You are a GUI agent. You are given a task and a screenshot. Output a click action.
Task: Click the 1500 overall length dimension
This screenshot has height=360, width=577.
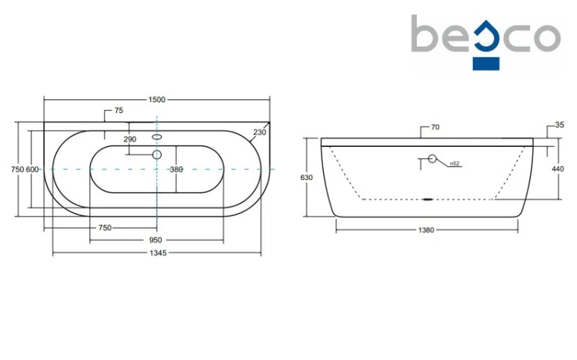click(x=157, y=100)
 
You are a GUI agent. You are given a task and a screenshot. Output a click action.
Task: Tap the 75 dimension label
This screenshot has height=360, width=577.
click(x=118, y=111)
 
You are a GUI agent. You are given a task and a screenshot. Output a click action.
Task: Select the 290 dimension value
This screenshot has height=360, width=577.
click(x=130, y=139)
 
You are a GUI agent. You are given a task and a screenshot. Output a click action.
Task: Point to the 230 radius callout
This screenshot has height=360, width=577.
click(x=259, y=132)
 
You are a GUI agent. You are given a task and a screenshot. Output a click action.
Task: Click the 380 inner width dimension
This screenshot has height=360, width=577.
click(x=177, y=169)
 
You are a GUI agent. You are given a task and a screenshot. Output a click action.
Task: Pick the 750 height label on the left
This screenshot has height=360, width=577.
click(x=18, y=169)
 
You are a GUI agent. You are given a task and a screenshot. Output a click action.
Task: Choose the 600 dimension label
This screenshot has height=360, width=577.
click(x=32, y=169)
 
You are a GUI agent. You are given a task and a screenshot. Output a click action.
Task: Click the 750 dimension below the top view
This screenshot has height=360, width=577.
click(x=105, y=228)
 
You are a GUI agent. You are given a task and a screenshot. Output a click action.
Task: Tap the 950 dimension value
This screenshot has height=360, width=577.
click(x=155, y=240)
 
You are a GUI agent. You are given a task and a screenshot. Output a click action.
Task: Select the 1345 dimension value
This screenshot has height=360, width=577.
click(x=158, y=253)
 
